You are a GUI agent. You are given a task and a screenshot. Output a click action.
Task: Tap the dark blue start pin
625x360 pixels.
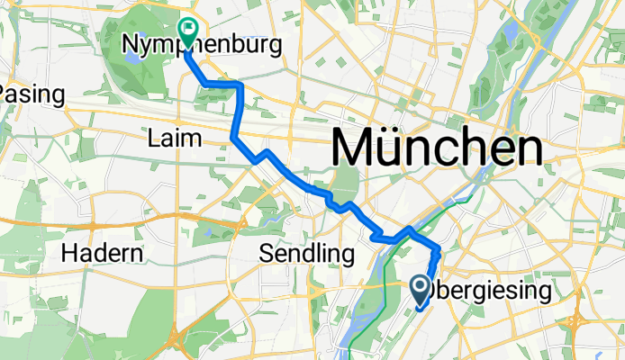[421, 288]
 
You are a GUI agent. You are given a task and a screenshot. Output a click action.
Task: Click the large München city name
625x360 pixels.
[438, 147]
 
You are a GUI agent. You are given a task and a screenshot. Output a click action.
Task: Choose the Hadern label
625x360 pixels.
[102, 254]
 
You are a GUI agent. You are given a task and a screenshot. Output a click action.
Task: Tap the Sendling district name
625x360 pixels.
[305, 254]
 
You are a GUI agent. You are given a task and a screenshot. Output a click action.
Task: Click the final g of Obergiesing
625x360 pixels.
[541, 294]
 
